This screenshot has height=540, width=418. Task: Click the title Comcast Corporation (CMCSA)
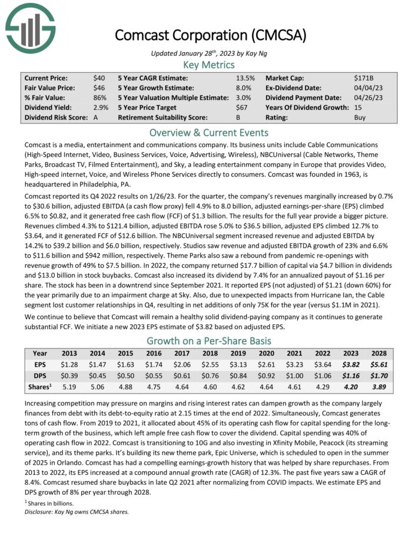210,35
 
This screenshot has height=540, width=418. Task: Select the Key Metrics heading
208,65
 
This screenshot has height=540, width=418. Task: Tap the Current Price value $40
99,78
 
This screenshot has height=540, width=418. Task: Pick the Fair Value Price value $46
99,88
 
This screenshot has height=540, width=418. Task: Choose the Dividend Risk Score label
56,118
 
